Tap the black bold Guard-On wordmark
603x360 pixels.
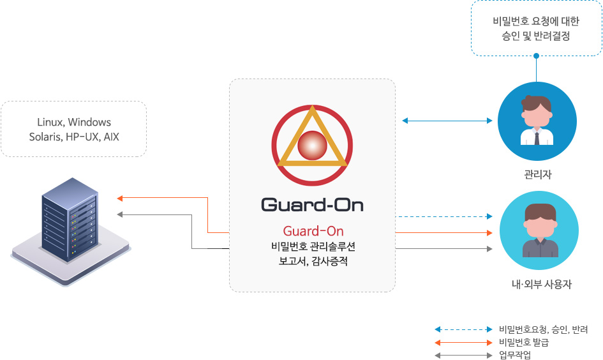312,204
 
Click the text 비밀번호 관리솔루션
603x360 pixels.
313,246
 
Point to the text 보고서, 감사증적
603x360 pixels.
313,261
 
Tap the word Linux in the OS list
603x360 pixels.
50,123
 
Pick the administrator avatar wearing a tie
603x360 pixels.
537,121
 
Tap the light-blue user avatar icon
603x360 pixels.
539,231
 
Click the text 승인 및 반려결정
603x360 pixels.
536,36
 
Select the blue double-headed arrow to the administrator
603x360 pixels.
448,120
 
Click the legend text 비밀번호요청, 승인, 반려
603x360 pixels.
543,330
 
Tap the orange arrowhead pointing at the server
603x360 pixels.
119,198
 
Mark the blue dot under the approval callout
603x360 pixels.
536,56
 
